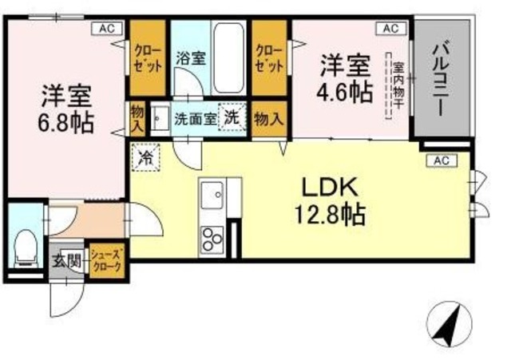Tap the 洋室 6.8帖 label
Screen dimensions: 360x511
click(67, 109)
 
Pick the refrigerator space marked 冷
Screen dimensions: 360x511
click(147, 155)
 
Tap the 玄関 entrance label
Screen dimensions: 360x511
click(66, 260)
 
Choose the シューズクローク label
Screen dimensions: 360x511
click(105, 260)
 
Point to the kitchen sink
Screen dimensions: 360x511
click(212, 194)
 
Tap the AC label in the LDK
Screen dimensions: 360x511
click(441, 160)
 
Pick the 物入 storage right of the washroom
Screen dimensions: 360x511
click(267, 119)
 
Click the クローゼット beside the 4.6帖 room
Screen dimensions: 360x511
click(269, 56)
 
